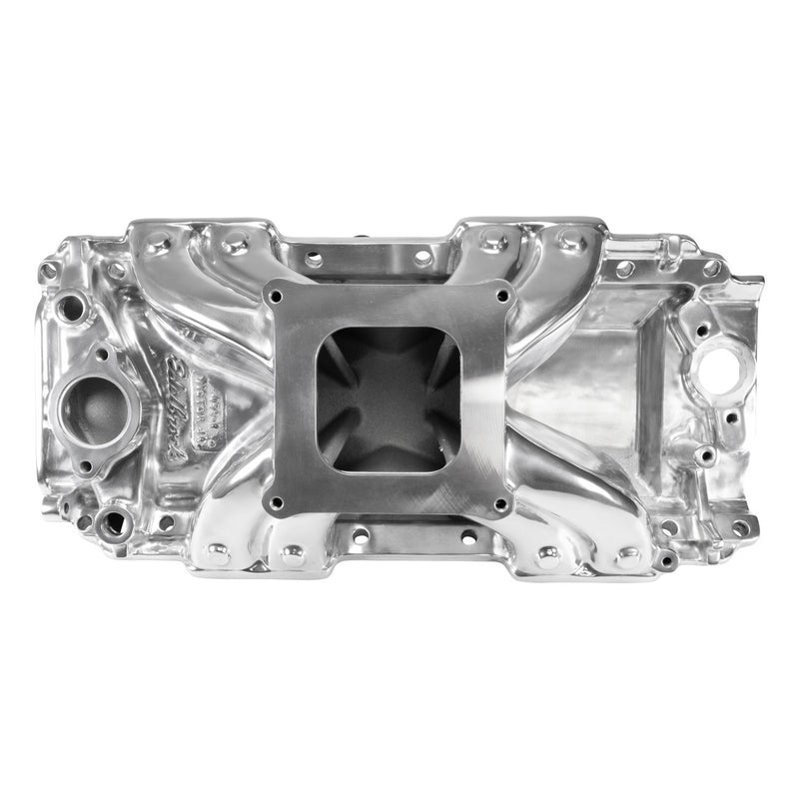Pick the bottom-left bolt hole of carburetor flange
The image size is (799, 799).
(276, 502)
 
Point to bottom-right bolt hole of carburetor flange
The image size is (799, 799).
(502, 502)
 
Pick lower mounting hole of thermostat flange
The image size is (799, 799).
(85, 465)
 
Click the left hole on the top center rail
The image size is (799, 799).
(315, 259)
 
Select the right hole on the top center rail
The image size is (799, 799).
(423, 258)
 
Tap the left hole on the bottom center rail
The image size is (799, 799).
(361, 536)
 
